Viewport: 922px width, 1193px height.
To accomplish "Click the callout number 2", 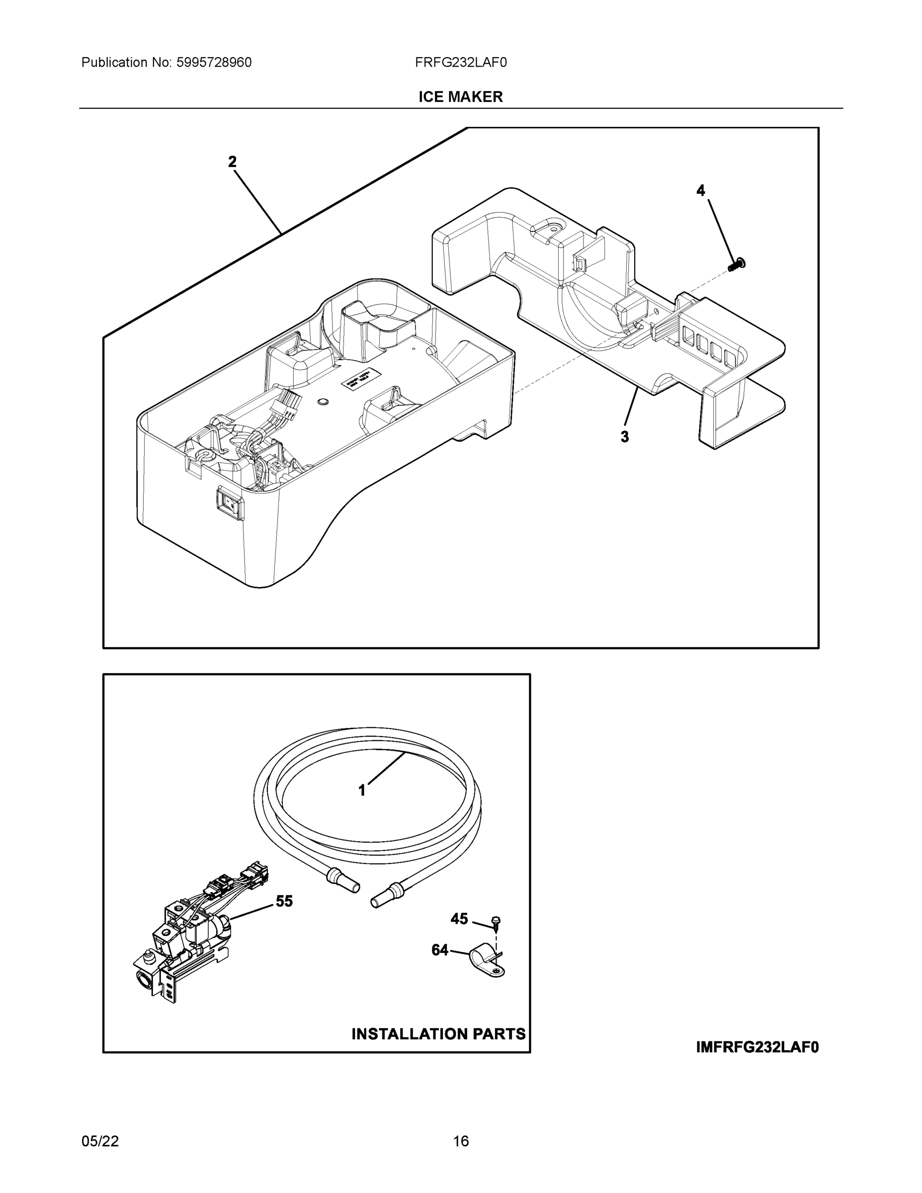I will (232, 162).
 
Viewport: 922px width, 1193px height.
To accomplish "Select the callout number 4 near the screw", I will (700, 191).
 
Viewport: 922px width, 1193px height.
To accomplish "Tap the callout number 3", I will (624, 437).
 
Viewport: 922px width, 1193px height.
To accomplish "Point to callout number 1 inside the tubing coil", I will (361, 790).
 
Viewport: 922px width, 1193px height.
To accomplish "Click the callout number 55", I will (284, 901).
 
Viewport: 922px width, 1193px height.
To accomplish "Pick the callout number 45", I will (459, 919).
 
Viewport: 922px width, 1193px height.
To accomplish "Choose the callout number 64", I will (440, 950).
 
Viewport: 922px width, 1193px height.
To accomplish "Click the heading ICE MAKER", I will (460, 97).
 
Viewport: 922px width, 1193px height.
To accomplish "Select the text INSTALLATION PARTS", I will (438, 1034).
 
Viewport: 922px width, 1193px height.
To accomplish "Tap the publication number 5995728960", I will (214, 63).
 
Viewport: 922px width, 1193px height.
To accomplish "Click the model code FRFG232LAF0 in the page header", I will (460, 63).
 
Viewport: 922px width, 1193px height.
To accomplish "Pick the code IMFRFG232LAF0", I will (757, 1047).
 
